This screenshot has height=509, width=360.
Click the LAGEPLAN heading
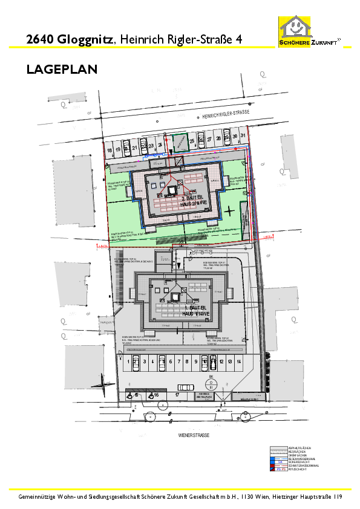pyautogui.click(x=62, y=70)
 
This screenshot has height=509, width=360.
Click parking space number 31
pyautogui.click(x=243, y=135)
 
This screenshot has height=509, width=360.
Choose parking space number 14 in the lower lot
pyautogui.click(x=239, y=361)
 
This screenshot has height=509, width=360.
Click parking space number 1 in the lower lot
pyautogui.click(x=128, y=361)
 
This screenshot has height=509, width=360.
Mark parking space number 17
pyautogui.click(x=177, y=395)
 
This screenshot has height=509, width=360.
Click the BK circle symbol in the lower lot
pyautogui.click(x=212, y=384)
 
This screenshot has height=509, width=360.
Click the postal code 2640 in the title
pyautogui.click(x=41, y=39)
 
